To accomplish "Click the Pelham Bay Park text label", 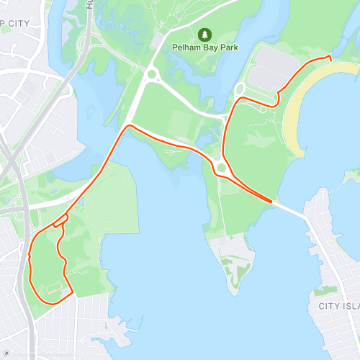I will pyautogui.click(x=205, y=48).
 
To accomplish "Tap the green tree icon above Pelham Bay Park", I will pyautogui.click(x=205, y=34).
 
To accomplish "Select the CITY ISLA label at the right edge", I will pyautogui.click(x=338, y=305).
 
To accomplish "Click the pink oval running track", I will pyautogui.click(x=54, y=288).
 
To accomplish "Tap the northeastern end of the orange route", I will pyautogui.click(x=330, y=58).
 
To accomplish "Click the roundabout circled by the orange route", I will pyautogui.click(x=222, y=168).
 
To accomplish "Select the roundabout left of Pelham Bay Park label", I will pyautogui.click(x=151, y=73).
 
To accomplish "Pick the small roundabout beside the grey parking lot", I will pyautogui.click(x=240, y=90).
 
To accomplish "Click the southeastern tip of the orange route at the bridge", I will pyautogui.click(x=273, y=202).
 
